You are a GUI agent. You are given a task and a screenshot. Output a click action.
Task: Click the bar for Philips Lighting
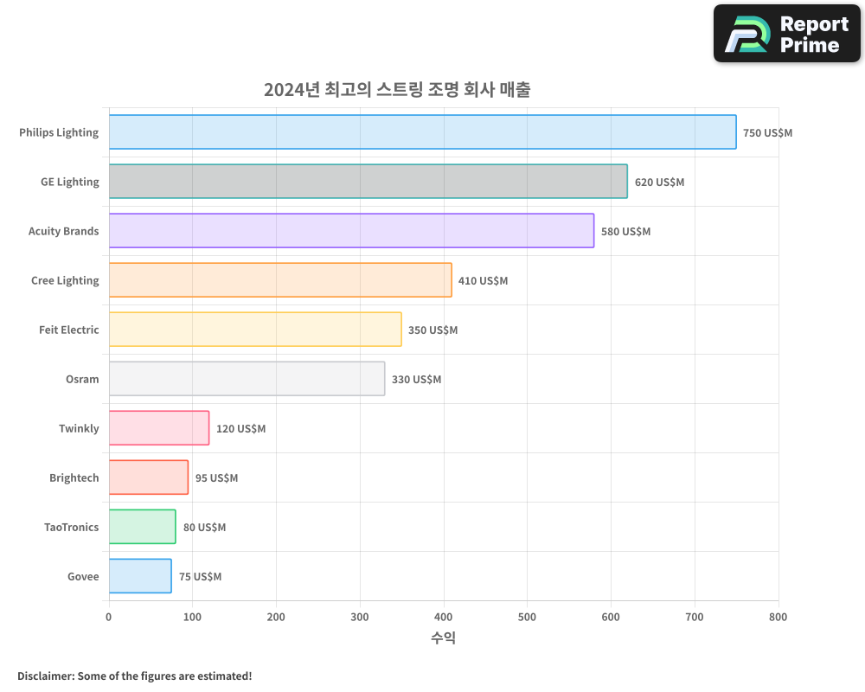(422, 132)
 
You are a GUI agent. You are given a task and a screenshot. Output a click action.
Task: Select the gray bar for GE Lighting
(368, 182)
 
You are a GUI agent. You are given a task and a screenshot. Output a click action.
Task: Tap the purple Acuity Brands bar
(351, 231)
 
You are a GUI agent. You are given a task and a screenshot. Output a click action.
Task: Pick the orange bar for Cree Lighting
(280, 280)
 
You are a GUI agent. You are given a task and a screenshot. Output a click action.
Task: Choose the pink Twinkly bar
(159, 428)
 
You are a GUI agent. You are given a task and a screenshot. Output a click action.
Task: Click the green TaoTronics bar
(142, 527)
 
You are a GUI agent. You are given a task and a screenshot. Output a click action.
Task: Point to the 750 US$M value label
(767, 133)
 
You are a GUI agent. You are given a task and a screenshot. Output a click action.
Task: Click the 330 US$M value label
(416, 380)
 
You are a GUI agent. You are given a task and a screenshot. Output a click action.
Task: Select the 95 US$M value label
(216, 478)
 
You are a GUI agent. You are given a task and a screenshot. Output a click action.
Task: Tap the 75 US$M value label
(200, 577)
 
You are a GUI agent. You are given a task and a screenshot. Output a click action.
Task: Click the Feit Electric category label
(69, 330)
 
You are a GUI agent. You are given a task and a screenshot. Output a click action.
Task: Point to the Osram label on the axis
(82, 379)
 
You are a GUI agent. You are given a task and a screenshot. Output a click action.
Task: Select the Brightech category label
(74, 477)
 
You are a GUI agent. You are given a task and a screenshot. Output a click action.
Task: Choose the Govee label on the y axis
(83, 576)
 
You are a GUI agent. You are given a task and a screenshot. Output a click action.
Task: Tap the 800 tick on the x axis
(778, 617)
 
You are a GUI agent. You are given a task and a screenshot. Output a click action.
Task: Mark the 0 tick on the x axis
(109, 617)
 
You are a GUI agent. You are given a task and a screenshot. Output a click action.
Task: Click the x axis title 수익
(443, 638)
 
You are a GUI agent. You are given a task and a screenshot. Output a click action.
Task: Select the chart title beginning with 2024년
(397, 89)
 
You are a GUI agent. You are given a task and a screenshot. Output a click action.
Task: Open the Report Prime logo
(787, 34)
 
